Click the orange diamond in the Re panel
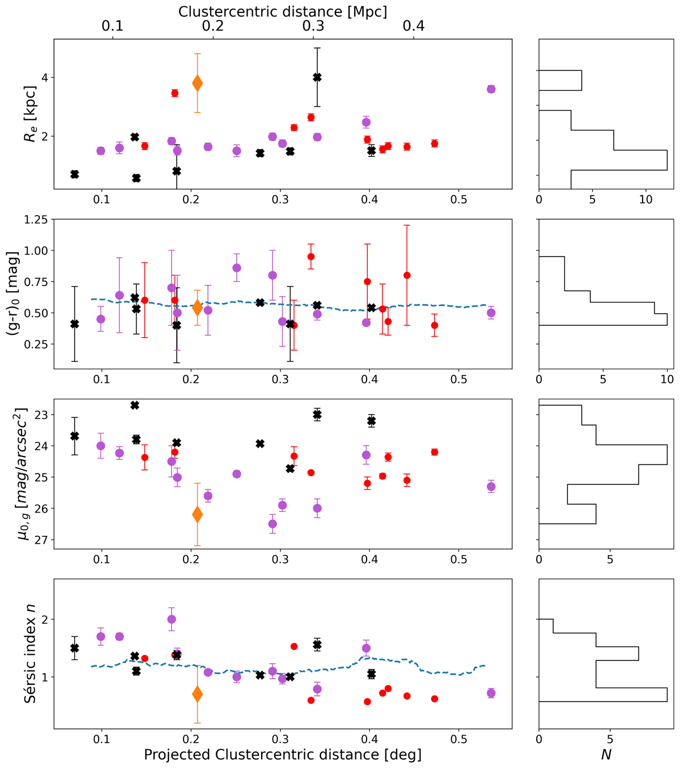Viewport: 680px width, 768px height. (197, 83)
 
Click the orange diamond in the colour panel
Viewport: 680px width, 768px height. (197, 308)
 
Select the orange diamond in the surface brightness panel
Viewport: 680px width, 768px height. (197, 514)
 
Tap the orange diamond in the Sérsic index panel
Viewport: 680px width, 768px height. (197, 694)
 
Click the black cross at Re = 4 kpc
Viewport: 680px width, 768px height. (317, 77)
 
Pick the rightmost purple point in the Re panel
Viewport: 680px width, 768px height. (491, 89)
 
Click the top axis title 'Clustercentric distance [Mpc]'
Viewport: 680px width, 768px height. (283, 11)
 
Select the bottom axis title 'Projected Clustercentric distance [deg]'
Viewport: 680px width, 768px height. (283, 755)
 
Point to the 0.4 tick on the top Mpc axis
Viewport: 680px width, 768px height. (414, 26)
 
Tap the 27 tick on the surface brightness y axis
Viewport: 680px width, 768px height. (42, 540)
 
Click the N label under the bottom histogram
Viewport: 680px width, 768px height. (606, 755)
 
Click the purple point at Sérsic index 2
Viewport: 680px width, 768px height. (172, 619)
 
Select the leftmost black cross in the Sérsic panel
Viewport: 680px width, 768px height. (74, 648)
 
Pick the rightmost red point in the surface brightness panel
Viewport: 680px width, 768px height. (435, 452)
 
